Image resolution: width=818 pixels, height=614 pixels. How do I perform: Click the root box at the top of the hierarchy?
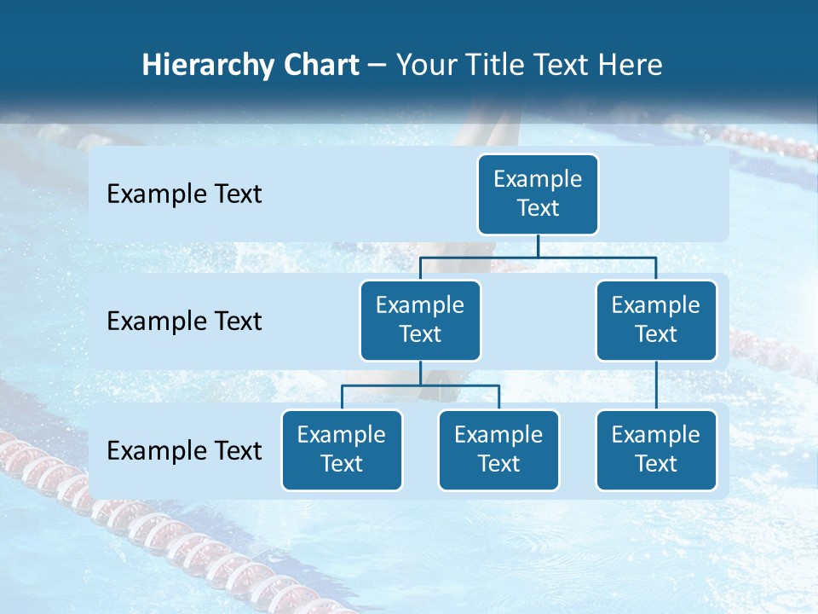(x=538, y=194)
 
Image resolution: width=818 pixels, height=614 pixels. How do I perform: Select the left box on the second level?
(x=420, y=321)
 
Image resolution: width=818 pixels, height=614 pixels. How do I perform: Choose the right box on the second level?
(x=656, y=321)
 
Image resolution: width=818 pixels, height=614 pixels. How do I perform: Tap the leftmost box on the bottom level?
(x=342, y=450)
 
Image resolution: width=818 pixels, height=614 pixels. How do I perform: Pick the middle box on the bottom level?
(x=498, y=450)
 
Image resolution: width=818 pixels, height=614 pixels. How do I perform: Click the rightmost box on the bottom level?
(x=656, y=450)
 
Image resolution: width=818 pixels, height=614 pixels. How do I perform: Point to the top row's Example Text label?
(x=184, y=194)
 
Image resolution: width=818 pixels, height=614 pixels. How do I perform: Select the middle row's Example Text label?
(x=184, y=321)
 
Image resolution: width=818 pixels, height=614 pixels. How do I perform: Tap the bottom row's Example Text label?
(x=184, y=451)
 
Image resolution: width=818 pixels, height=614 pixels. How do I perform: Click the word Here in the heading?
(x=630, y=65)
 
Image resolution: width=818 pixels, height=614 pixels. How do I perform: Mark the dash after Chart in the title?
(x=377, y=67)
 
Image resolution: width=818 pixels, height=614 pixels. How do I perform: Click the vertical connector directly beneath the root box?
(x=538, y=246)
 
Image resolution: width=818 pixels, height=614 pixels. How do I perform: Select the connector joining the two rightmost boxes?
(x=656, y=385)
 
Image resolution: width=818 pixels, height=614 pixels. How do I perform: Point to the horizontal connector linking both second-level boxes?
(x=538, y=257)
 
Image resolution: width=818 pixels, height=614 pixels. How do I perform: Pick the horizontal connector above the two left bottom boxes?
(x=420, y=385)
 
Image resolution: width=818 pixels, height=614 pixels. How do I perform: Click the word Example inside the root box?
(x=538, y=180)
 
